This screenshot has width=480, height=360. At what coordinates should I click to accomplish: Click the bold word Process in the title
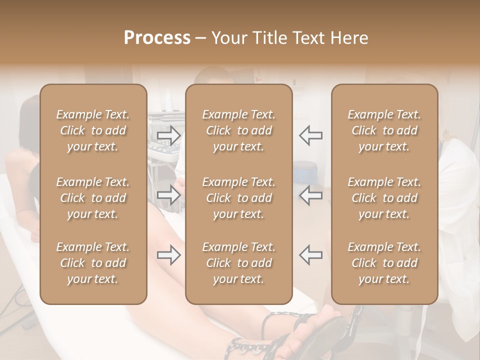[x=157, y=38]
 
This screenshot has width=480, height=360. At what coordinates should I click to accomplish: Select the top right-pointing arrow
[x=168, y=134]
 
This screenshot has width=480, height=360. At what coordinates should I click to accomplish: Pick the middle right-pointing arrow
[x=168, y=194]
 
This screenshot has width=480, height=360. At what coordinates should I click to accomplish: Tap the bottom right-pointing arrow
[x=168, y=255]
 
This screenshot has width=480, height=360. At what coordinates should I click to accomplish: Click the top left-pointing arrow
[x=310, y=135]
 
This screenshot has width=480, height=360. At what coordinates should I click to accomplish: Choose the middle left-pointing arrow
[x=310, y=195]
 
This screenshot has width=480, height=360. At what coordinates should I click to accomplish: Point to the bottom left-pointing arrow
[x=310, y=255]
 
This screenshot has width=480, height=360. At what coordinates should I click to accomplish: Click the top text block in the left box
[x=93, y=130]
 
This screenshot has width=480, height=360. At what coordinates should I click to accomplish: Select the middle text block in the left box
[x=93, y=198]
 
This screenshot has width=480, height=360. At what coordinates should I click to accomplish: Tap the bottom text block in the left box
[x=93, y=263]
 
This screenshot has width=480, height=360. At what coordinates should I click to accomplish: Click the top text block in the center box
[x=238, y=130]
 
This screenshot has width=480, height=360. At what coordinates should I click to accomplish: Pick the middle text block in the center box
[x=238, y=198]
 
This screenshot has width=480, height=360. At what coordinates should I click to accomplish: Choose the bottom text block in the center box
[x=238, y=263]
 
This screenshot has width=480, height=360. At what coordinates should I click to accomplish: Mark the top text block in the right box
[x=384, y=130]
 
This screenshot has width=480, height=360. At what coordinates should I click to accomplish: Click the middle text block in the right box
[x=384, y=198]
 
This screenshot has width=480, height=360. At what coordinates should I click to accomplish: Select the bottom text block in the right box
[x=384, y=263]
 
